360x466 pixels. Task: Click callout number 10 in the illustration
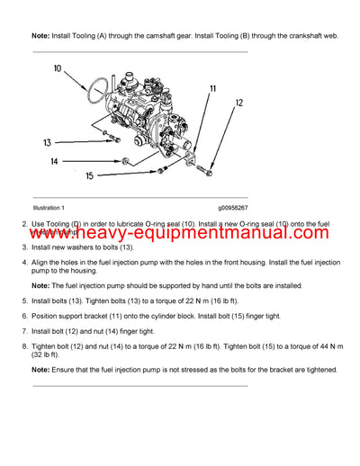coord(58,68)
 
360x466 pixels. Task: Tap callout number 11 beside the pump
coord(212,88)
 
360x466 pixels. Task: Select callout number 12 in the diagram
coord(239,103)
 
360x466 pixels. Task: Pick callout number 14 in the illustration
coord(54,161)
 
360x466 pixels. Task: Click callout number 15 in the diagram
coord(90,176)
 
